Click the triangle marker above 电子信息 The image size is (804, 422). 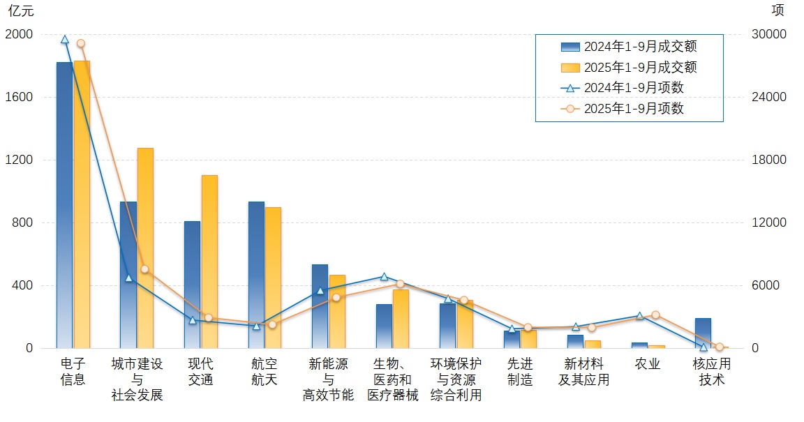(64, 40)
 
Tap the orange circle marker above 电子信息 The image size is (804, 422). (81, 43)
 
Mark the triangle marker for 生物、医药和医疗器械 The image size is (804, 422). (384, 277)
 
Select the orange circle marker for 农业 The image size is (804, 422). (655, 315)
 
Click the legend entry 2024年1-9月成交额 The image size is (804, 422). (629, 47)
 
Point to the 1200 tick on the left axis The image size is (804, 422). (19, 160)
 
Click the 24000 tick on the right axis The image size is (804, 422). (772, 97)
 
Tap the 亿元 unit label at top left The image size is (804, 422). (20, 11)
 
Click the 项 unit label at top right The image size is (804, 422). (777, 10)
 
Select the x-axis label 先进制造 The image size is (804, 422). (520, 372)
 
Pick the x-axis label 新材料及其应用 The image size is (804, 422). (584, 372)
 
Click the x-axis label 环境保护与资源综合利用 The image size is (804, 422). (456, 379)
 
